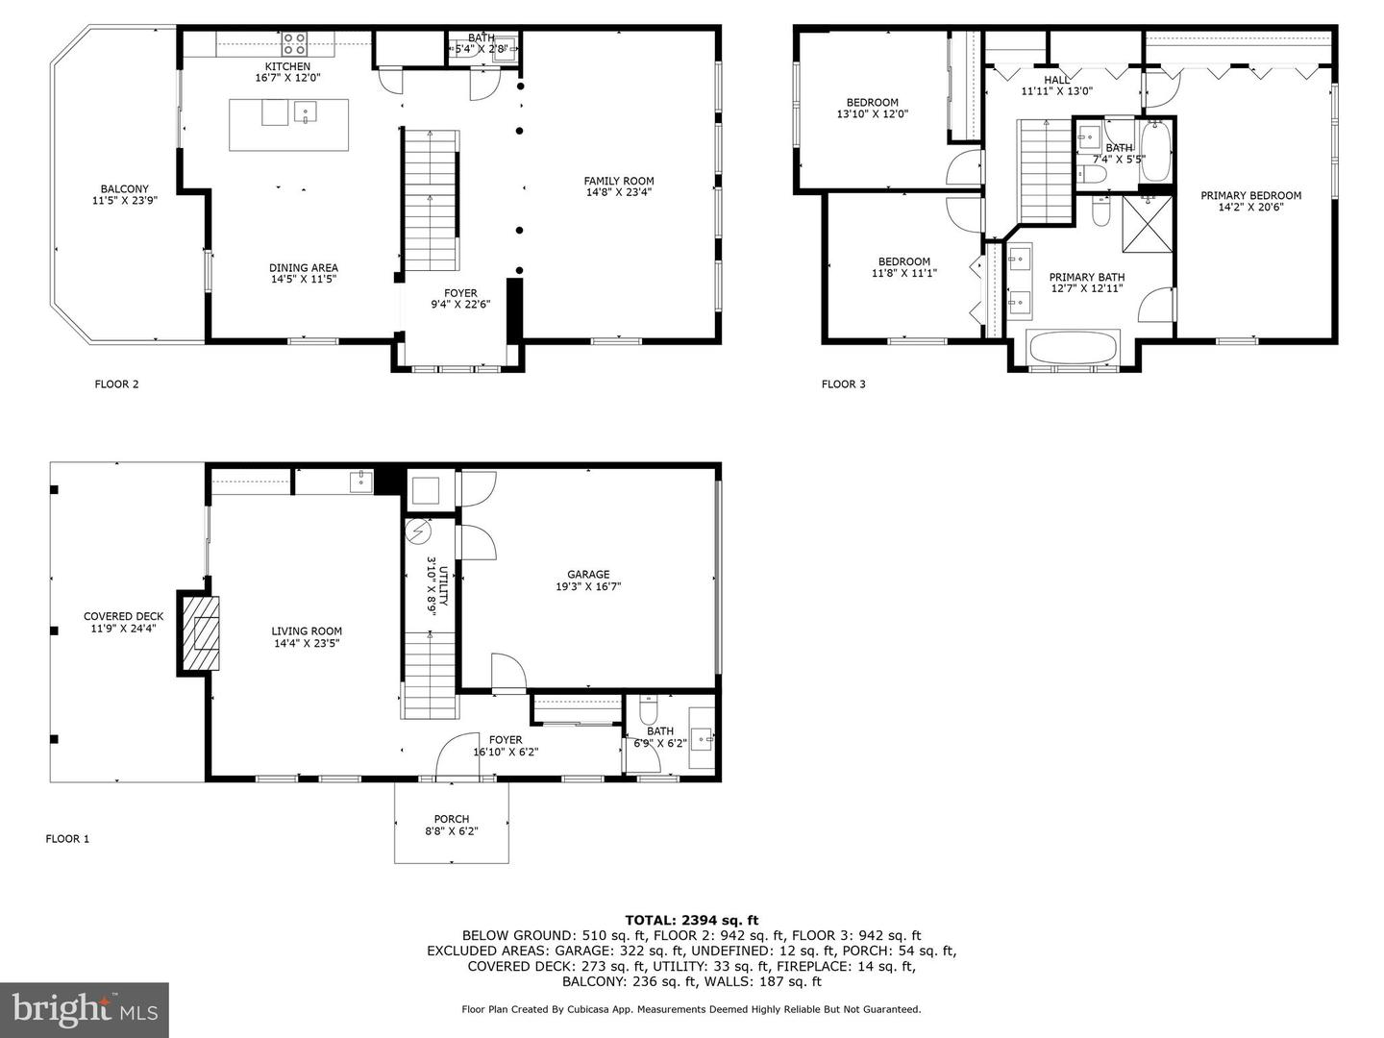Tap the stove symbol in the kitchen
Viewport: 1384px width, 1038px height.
click(294, 43)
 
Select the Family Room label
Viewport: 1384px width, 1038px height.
click(619, 181)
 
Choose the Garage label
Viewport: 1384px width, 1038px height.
click(588, 575)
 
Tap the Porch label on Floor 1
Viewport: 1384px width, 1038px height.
click(451, 820)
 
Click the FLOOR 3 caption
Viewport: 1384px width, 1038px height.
click(843, 384)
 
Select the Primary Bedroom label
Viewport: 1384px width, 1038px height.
click(1250, 195)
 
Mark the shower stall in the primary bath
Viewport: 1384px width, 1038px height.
click(1148, 224)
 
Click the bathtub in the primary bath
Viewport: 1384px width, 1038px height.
click(1073, 347)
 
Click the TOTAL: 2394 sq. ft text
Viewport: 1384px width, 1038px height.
click(691, 920)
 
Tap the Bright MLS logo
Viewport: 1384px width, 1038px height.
click(85, 1009)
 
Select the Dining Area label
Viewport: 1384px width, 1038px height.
click(304, 268)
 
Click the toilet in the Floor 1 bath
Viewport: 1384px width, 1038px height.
click(648, 711)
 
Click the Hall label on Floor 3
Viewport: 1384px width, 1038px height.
click(1056, 80)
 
